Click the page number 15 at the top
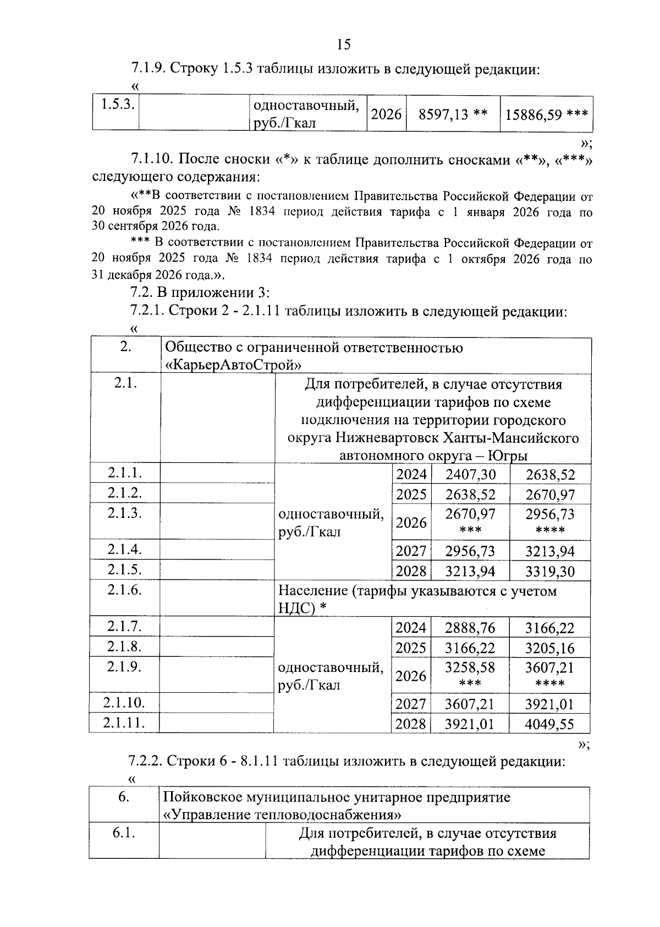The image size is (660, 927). [x=343, y=45]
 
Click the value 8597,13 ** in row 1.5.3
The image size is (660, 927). [x=453, y=114]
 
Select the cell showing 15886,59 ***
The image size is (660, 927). [x=547, y=114]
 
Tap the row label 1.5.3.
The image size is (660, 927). [x=116, y=104]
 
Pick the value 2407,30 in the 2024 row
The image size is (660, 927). [x=470, y=474]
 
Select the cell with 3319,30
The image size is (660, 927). [x=549, y=571]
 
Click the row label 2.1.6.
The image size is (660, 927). [x=125, y=590]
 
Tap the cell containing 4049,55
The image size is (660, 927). [x=549, y=724]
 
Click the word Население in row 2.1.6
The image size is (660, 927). [x=312, y=591]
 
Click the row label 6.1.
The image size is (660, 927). [x=124, y=833]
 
